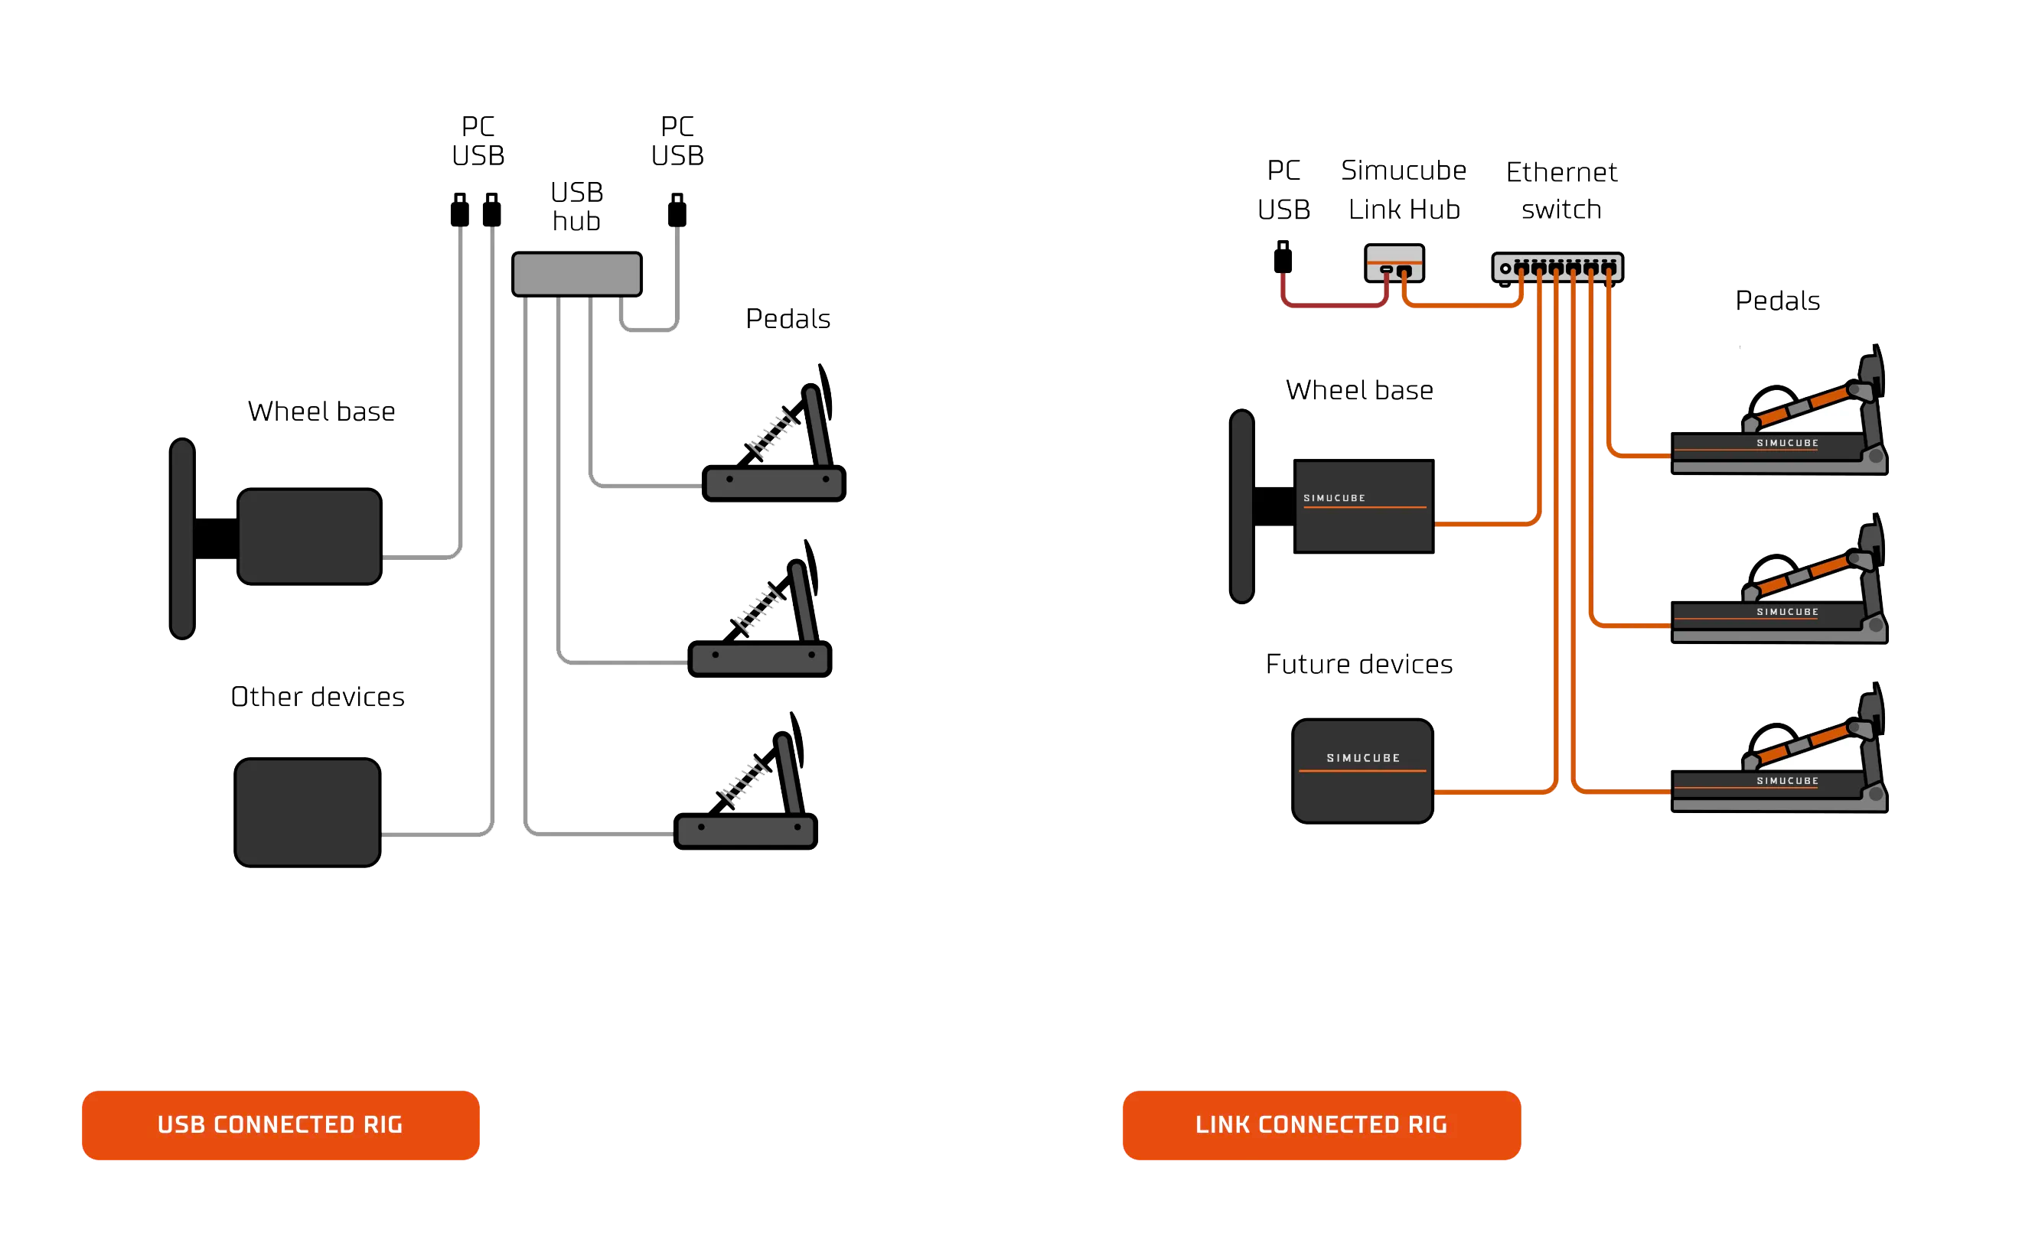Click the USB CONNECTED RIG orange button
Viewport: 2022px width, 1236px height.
coord(280,1124)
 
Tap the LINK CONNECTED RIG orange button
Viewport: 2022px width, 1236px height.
coord(1320,1124)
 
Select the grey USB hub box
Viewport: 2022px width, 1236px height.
coord(576,274)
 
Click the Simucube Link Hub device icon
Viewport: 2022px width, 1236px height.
coord(1394,262)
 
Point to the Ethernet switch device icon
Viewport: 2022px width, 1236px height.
coord(1557,268)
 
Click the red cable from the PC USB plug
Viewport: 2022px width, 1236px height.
coord(1333,305)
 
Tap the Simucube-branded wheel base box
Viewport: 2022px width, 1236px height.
coord(1364,507)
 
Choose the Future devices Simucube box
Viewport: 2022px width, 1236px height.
coord(1362,770)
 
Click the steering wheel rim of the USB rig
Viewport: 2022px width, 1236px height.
coord(181,538)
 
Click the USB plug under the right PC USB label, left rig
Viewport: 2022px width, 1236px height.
coord(678,208)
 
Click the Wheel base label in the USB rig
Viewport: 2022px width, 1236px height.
coord(321,410)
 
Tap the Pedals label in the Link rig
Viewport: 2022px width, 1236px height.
coord(1776,300)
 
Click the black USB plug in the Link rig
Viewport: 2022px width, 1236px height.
coord(1282,257)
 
